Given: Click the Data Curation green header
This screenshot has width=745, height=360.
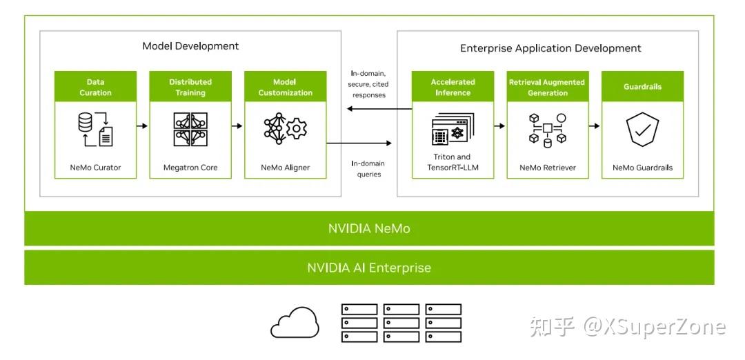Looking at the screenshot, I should (95, 87).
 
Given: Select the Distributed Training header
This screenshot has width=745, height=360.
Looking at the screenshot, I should (190, 87).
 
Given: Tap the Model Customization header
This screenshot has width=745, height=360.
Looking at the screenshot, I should (285, 87).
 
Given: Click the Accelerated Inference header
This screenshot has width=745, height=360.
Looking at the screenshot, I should (453, 87).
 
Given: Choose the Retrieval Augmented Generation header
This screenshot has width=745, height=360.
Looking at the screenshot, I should (547, 87).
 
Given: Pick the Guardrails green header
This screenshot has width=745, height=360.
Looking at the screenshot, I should (642, 87).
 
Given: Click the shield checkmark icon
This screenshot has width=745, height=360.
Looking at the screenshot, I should (642, 130).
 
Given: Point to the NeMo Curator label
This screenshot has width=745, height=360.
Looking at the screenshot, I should (95, 168).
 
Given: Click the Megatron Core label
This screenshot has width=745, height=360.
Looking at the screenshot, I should (190, 168).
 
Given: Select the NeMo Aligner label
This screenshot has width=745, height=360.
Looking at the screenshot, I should (285, 168).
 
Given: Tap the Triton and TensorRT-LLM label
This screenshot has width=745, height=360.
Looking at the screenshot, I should (453, 162).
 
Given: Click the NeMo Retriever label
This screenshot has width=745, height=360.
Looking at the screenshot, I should (547, 168).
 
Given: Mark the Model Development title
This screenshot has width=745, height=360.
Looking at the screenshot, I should (190, 46).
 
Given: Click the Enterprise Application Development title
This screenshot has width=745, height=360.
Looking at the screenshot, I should (550, 48).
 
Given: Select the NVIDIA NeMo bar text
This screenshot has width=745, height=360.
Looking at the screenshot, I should (369, 228).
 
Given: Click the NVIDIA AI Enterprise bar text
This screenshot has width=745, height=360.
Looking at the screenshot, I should (369, 268).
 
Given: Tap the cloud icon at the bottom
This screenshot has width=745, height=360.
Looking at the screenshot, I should (295, 323).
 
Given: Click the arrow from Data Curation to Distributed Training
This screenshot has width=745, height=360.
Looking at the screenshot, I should (143, 126).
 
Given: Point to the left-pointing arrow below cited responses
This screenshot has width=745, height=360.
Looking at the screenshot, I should (368, 110).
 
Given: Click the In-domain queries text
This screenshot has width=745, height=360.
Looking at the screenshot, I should (368, 169).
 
